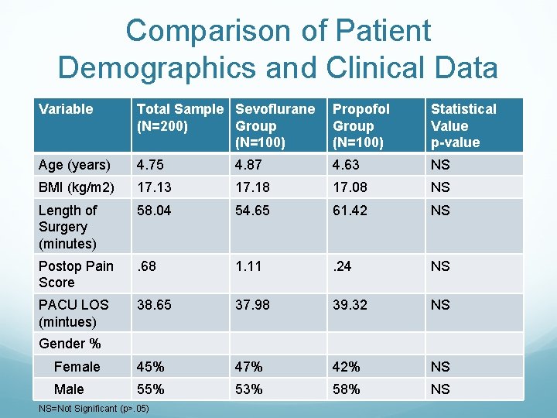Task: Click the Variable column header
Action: pyautogui.click(x=66, y=109)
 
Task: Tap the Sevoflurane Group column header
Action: pyautogui.click(x=275, y=125)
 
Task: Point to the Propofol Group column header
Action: pyautogui.click(x=361, y=125)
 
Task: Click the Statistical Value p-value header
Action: pyautogui.click(x=463, y=125)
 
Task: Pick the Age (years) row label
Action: pyautogui.click(x=75, y=165)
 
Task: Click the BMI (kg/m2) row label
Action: pyautogui.click(x=77, y=187)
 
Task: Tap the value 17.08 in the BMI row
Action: pyautogui.click(x=350, y=187)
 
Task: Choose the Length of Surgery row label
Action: pyautogui.click(x=68, y=227)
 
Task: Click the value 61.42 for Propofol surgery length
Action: pyautogui.click(x=350, y=211)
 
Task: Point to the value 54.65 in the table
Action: pyautogui.click(x=252, y=211)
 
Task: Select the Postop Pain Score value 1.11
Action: pyautogui.click(x=249, y=266)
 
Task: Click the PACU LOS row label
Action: pyautogui.click(x=73, y=313)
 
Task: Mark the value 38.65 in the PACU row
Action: pyautogui.click(x=154, y=305)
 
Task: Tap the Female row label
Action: pyautogui.click(x=77, y=367)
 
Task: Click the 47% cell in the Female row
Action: pyautogui.click(x=249, y=367)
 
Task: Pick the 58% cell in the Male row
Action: pyautogui.click(x=347, y=389)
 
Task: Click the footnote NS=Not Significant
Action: pyautogui.click(x=93, y=409)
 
